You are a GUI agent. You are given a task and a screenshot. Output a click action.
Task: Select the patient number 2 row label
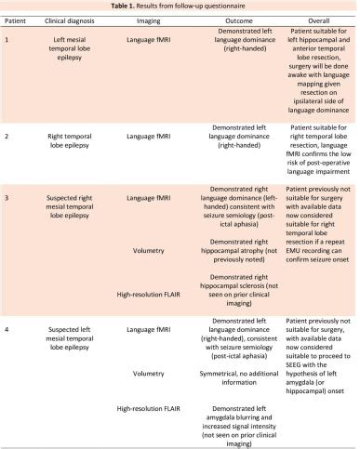7,136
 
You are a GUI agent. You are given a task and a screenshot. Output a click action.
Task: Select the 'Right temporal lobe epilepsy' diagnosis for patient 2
77,136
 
